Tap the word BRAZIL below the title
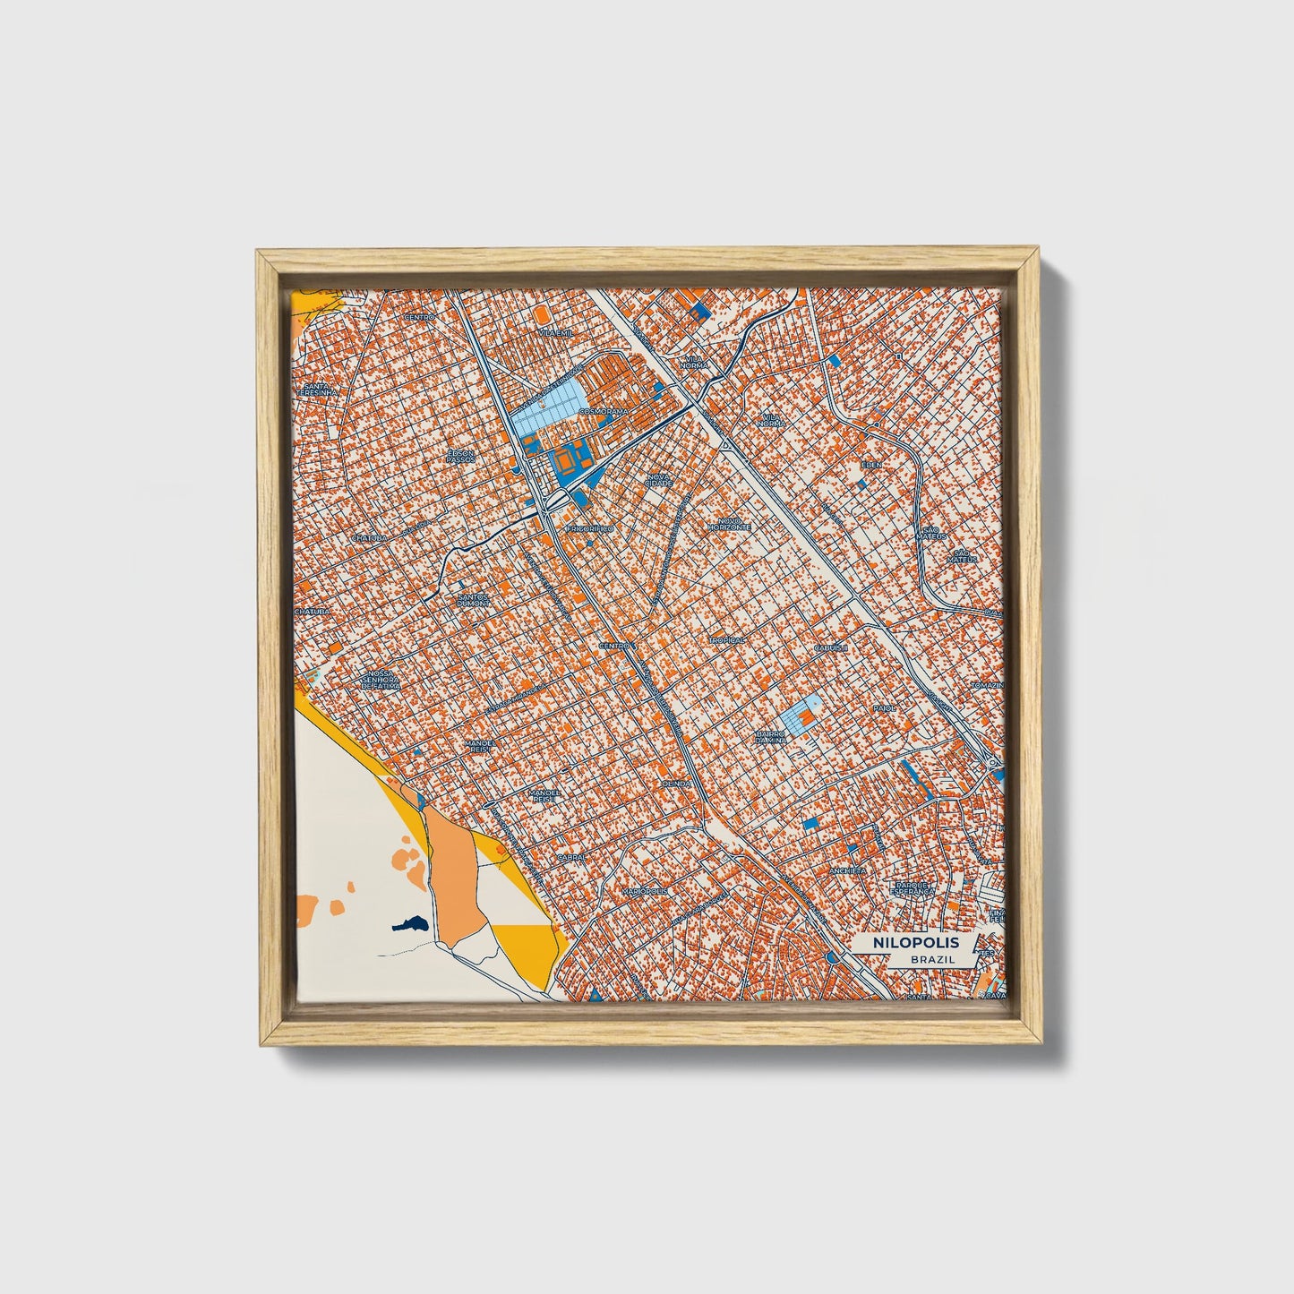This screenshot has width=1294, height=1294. click(931, 959)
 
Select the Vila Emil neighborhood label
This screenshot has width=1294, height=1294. click(555, 332)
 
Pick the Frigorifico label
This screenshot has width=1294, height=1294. click(589, 529)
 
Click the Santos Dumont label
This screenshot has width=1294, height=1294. click(474, 600)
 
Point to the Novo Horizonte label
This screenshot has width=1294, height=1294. click(728, 526)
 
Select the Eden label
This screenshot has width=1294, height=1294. click(871, 465)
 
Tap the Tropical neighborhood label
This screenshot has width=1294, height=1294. click(727, 641)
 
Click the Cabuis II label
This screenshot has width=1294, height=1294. click(831, 646)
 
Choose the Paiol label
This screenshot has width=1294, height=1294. click(884, 707)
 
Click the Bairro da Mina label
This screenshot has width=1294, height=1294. click(768, 736)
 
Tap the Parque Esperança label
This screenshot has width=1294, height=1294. click(914, 888)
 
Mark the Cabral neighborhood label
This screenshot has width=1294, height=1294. click(570, 856)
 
